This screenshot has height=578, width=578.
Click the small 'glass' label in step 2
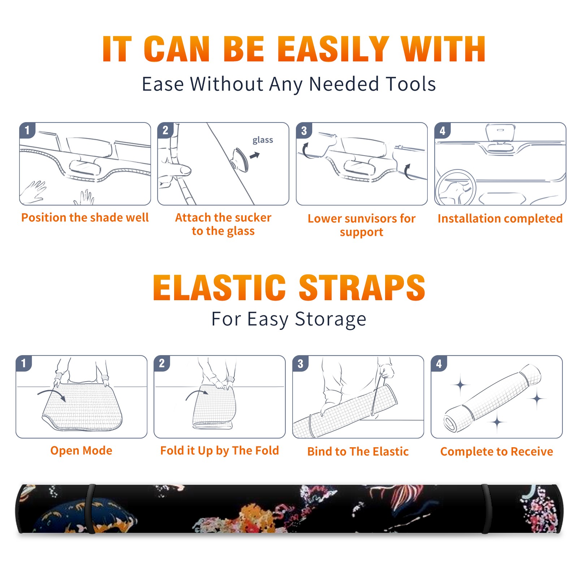(263, 140)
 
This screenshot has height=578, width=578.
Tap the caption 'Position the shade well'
(85, 217)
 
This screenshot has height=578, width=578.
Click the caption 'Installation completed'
(500, 219)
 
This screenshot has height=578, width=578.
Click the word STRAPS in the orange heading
(362, 288)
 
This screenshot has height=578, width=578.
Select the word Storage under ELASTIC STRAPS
(331, 319)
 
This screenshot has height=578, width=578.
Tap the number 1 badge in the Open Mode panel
(24, 363)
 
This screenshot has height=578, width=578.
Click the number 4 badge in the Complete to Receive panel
(439, 363)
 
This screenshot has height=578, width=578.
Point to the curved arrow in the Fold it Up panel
(197, 392)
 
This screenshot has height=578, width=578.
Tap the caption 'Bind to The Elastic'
(358, 452)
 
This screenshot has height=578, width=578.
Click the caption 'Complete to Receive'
(497, 452)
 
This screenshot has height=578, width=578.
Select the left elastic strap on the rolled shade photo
(90, 509)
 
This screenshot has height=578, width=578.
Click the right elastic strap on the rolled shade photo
(486, 509)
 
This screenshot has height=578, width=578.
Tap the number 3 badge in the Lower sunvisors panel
(304, 130)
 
